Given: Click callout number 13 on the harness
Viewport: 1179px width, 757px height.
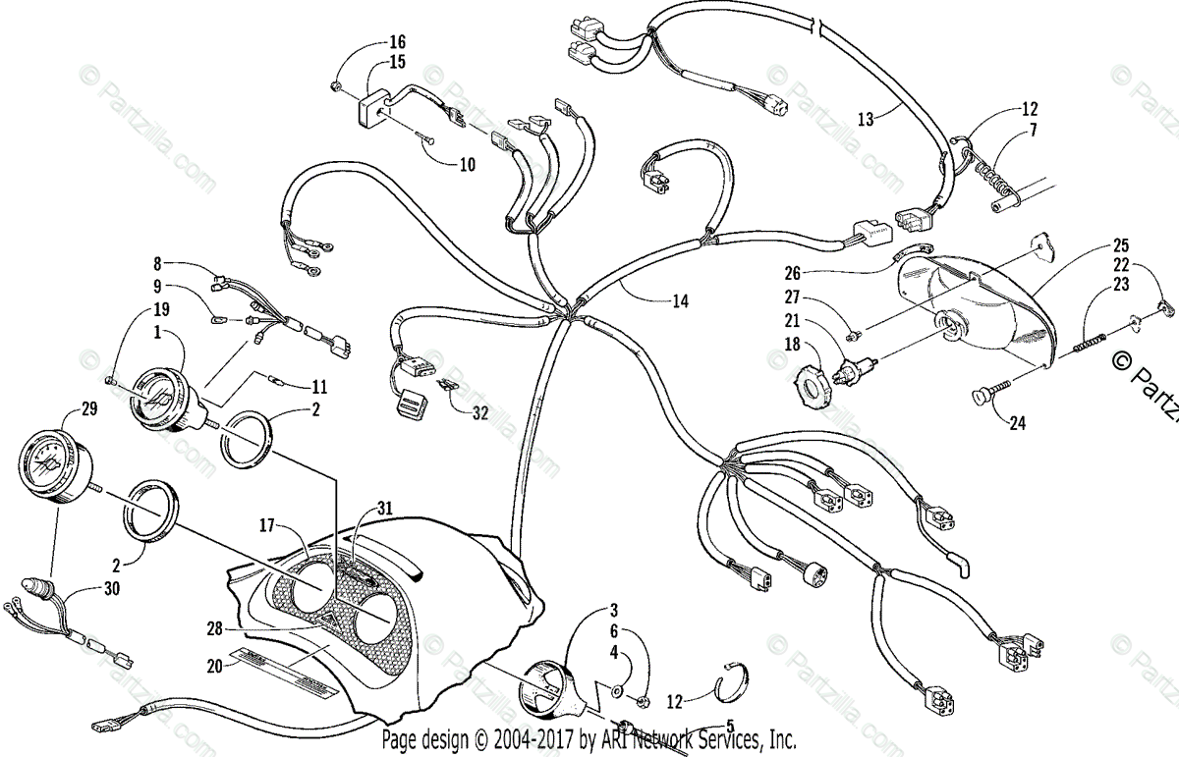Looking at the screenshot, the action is coord(865,119).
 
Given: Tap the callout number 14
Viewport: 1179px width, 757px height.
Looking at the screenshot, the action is coord(680,301).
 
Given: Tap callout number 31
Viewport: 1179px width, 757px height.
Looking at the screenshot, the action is coord(383,508).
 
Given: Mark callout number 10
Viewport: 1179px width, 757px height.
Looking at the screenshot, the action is coord(467,163).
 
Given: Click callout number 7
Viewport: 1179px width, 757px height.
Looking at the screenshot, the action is coord(1029,131).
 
